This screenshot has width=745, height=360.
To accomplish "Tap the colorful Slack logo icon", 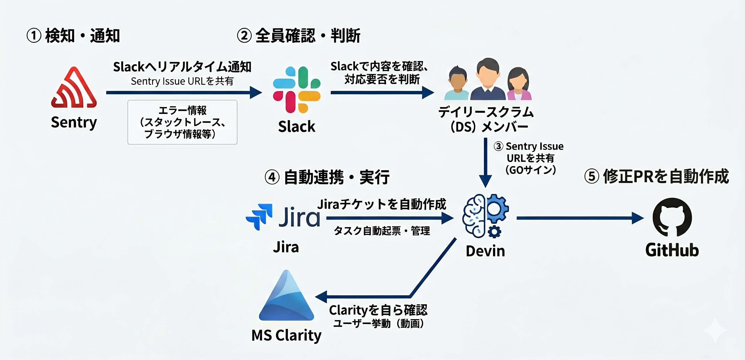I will (296, 90).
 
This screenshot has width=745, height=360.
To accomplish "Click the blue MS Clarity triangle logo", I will (286, 297).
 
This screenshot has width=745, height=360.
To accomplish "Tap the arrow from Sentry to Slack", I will (184, 93).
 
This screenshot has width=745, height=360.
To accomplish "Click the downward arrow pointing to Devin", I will (486, 162).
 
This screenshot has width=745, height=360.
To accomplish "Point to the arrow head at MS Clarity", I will (321, 297).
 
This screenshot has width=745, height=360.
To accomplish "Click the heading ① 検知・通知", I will (73, 36).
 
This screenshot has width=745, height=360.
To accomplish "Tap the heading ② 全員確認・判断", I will (298, 36).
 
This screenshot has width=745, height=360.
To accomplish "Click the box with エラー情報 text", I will (183, 122).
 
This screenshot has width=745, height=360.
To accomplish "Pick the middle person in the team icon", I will (488, 80).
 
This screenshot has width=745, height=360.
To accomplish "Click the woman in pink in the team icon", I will (519, 84).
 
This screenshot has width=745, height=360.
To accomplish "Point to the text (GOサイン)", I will (531, 170).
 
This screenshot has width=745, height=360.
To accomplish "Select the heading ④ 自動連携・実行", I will (327, 177).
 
